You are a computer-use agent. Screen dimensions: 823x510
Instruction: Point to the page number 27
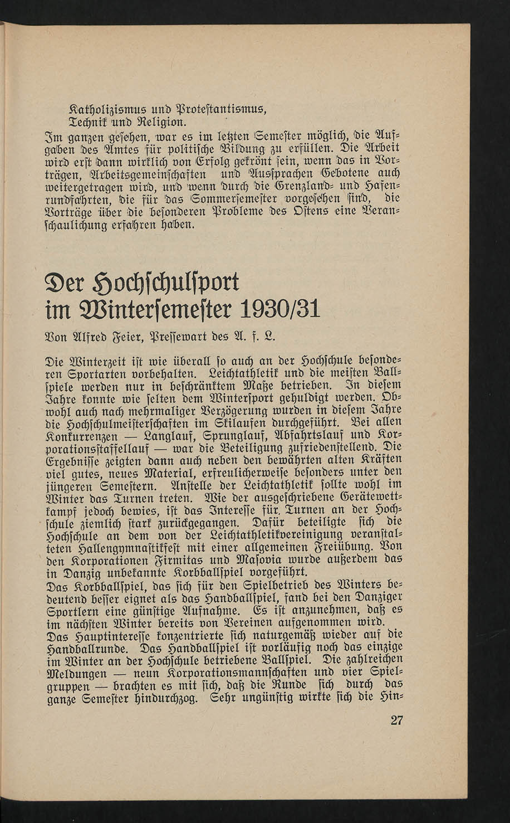(x=396, y=719)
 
